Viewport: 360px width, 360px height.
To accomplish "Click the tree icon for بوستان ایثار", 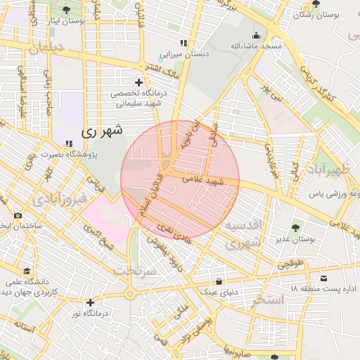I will (67, 10).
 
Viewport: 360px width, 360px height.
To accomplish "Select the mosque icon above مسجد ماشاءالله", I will (257, 35).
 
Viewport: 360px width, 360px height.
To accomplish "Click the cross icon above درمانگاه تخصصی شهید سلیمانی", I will (139, 82).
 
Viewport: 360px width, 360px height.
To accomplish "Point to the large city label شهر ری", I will (101, 130).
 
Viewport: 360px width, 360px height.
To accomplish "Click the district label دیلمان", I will (47, 49).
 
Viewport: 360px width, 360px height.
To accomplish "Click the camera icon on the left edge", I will (17, 215).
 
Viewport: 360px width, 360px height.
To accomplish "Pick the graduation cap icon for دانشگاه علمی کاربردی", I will (27, 271).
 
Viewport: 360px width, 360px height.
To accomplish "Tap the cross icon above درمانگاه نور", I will (90, 302).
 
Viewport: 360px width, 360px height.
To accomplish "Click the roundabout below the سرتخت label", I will (129, 293).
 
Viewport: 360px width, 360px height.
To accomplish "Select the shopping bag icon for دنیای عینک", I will (220, 281).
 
